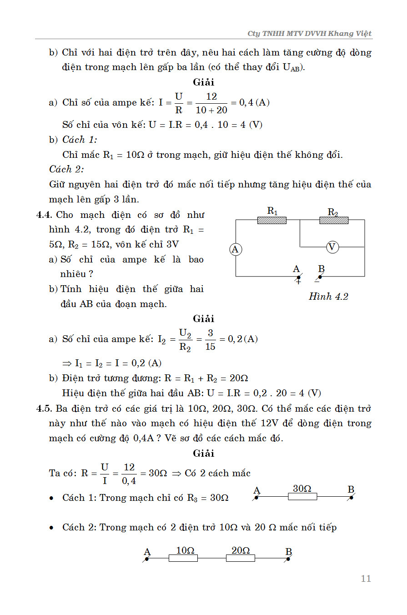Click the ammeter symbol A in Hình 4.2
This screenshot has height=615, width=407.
pos(235,249)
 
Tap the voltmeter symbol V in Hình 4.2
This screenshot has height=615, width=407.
pos(332,247)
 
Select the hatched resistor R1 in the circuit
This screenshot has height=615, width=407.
pos(272,220)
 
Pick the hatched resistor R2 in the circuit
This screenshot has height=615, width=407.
pos(334,220)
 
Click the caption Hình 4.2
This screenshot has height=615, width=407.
pos(328,297)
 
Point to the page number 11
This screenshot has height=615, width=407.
pos(366,579)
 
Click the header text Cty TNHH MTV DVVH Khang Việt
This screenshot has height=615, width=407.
pos(309,34)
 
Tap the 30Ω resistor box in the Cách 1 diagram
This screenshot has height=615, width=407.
pos(302,497)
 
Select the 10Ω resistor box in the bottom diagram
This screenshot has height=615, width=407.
pos(183,558)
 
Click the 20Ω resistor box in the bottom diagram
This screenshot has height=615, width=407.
pos(241,558)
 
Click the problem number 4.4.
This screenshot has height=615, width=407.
pos(45,215)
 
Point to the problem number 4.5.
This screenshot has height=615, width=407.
pos(45,408)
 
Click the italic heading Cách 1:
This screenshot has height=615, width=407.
pos(80,140)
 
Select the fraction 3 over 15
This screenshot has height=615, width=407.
pos(210,339)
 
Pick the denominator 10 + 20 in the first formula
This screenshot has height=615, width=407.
pos(211,110)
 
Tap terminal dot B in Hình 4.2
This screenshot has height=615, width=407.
pos(320,277)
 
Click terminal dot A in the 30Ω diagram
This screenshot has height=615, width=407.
pos(256,497)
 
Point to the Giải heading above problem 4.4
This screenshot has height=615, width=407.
pos(203,82)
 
